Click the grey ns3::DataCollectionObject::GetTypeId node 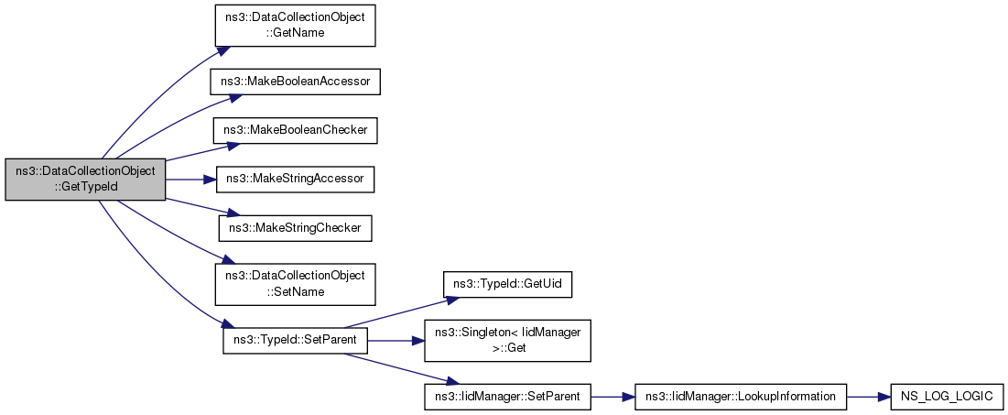85,179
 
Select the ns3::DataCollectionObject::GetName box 295,25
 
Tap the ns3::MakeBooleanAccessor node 296,82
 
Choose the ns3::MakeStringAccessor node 295,179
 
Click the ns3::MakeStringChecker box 296,227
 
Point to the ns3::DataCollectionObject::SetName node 295,284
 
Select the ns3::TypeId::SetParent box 295,340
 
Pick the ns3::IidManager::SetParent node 507,397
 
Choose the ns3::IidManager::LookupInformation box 741,397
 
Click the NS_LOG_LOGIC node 947,397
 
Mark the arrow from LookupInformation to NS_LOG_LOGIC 869,397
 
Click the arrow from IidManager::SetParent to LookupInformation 612,397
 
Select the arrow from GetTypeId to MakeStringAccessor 191,179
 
